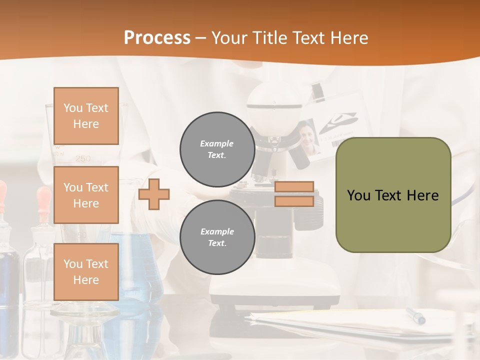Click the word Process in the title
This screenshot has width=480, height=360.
tap(157, 38)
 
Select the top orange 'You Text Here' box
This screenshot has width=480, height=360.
tap(86, 116)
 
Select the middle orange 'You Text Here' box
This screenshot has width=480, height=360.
tap(86, 195)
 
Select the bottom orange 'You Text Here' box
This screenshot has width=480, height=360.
tap(86, 271)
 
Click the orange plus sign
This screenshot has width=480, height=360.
tap(154, 194)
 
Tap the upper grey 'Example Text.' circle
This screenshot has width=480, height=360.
tap(217, 149)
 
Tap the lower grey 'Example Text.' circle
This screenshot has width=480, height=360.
tap(217, 237)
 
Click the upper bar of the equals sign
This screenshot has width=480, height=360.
tap(294, 187)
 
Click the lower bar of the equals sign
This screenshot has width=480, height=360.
tap(294, 201)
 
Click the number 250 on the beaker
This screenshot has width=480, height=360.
tap(83, 158)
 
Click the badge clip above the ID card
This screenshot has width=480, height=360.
tap(318, 90)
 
